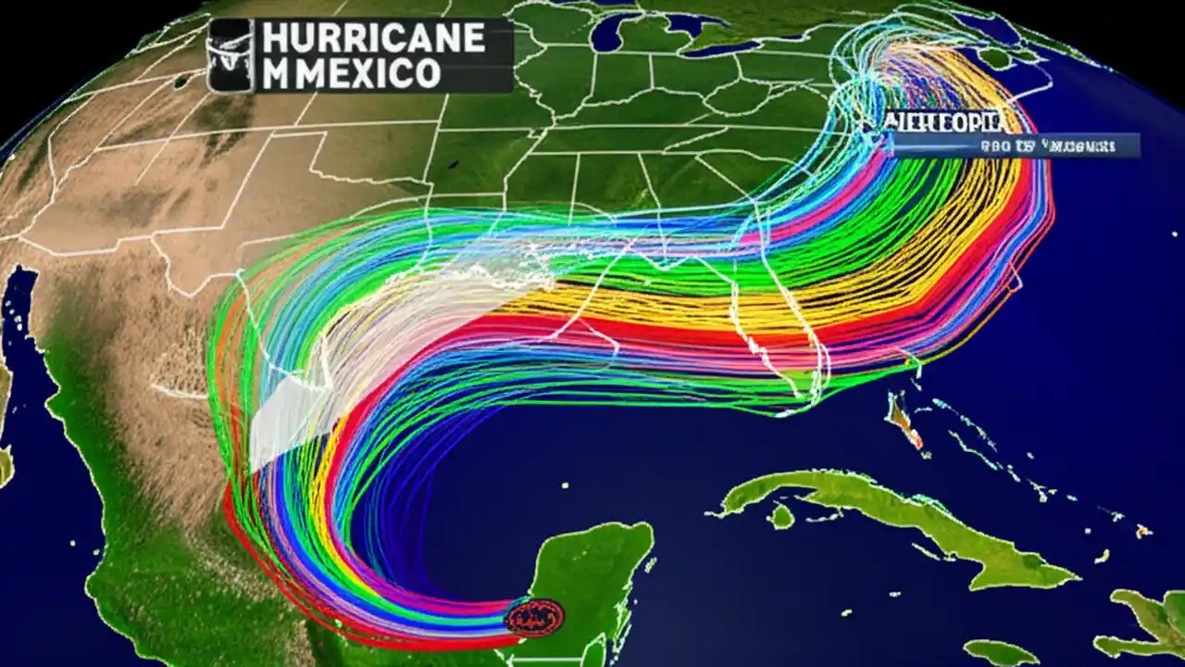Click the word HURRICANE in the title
(x=373, y=38)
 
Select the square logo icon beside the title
(x=230, y=56)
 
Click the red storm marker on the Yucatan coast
(x=534, y=615)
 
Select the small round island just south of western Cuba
(x=782, y=517)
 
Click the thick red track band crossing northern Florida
(x=704, y=333)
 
